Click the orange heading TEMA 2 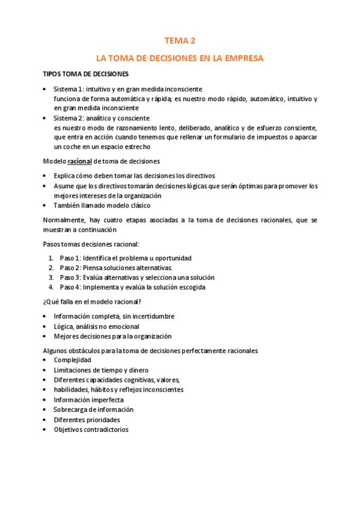pyautogui.click(x=180, y=41)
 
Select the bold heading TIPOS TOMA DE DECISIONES pyautogui.click(x=85, y=74)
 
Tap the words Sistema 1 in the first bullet pyautogui.click(x=69, y=89)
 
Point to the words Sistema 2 pyautogui.click(x=69, y=118)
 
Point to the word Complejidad pyautogui.click(x=73, y=360)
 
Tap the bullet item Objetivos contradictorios pyautogui.click(x=91, y=429)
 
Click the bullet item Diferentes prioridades pyautogui.click(x=87, y=419)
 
